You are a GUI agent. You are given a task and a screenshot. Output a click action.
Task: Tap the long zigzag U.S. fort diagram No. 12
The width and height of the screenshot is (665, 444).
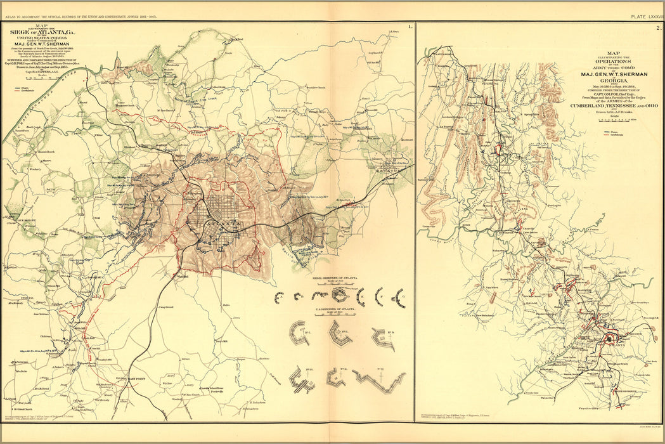[x=379, y=381]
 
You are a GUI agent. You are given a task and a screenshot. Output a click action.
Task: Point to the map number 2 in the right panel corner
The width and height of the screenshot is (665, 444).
[x=659, y=27]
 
